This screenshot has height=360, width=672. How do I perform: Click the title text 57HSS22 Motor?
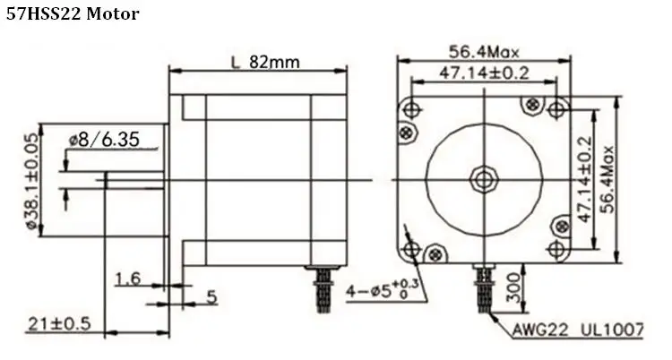73,14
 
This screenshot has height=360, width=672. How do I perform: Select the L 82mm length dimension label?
265,63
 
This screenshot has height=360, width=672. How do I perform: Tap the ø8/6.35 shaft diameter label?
104,140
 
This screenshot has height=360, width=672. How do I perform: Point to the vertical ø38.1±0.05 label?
33,181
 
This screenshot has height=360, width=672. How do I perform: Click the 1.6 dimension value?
128,279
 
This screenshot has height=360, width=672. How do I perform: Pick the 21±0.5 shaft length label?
59,323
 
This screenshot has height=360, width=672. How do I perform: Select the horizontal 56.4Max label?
484,52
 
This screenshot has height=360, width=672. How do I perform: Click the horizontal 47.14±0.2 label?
484,73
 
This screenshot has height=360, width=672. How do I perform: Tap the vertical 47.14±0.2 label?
584,179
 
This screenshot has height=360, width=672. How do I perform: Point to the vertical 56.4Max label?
607,179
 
